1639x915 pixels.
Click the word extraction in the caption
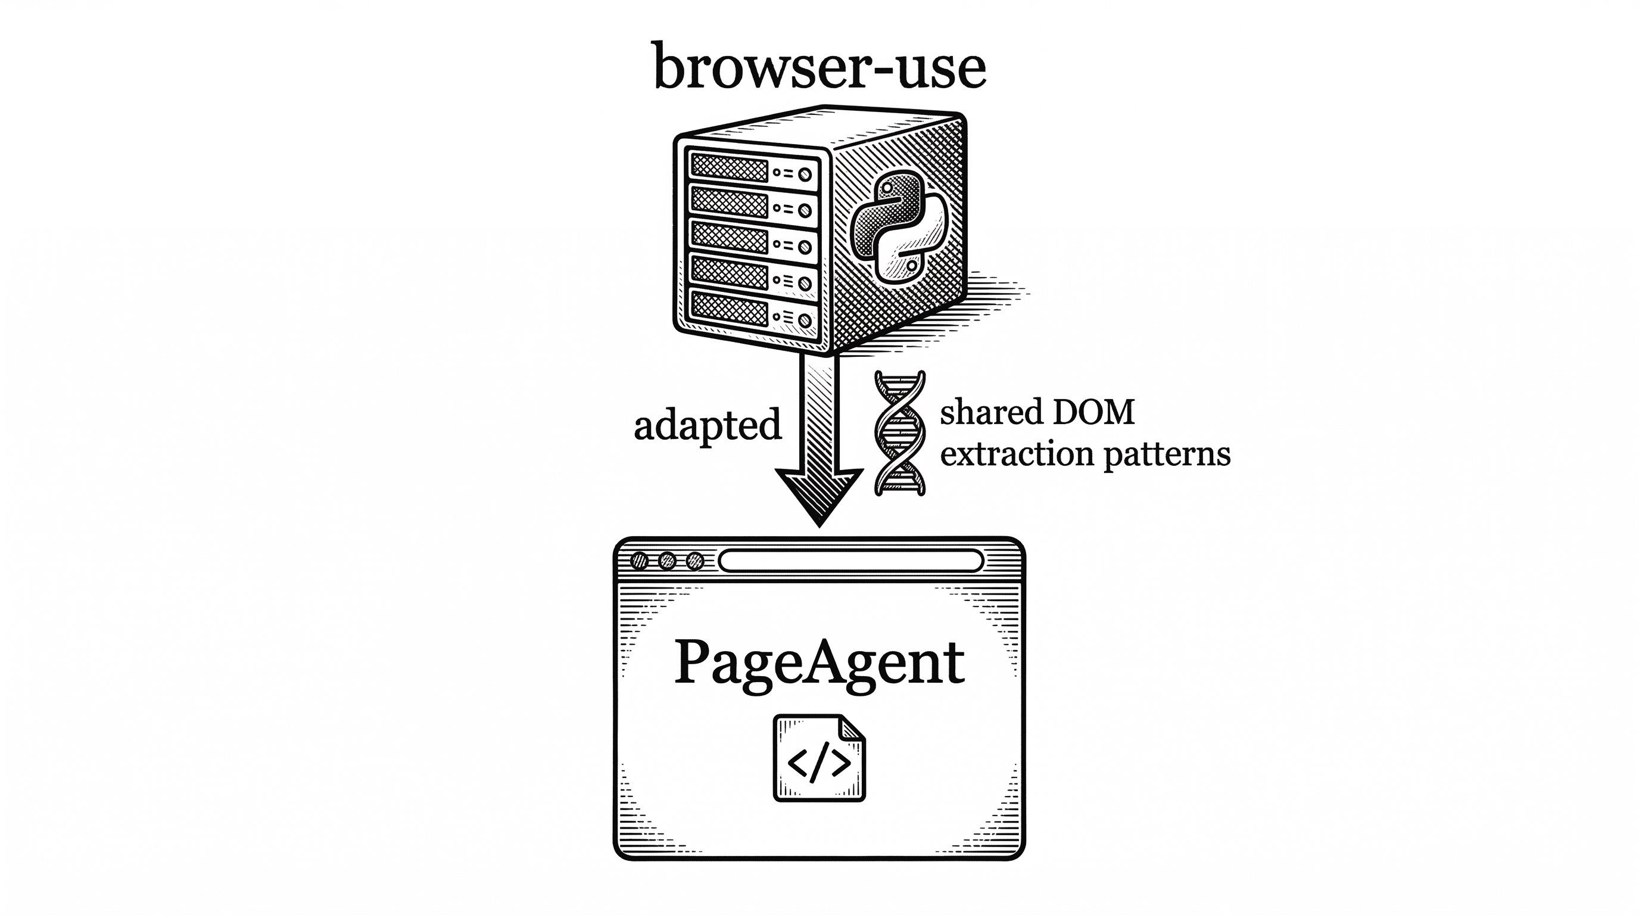pos(1017,455)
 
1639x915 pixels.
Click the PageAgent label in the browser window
pos(819,663)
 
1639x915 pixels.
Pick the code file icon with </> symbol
pos(819,758)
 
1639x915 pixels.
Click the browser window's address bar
pos(850,561)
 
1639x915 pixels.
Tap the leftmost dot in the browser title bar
pos(639,561)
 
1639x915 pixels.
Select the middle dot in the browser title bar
pos(667,561)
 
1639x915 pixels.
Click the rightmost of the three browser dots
pos(696,561)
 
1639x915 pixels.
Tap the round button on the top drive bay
pos(804,175)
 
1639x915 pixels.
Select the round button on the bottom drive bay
pos(804,319)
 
